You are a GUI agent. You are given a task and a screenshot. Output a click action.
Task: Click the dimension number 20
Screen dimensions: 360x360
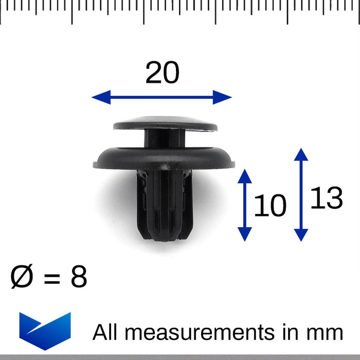coord(162,73)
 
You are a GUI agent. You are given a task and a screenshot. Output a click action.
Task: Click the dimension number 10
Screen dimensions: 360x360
coord(270,206)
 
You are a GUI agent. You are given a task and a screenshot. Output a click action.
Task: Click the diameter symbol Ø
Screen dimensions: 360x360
coord(23,277)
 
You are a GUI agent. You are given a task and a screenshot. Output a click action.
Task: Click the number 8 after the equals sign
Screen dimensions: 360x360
coord(79,277)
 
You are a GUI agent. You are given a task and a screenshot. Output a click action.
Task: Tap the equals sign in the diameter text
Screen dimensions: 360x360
coord(52,278)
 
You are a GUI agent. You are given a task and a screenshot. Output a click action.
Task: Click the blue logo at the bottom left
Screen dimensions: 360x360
coord(45,330)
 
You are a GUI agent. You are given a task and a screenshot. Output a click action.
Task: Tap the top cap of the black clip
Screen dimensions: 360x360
coord(165,122)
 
